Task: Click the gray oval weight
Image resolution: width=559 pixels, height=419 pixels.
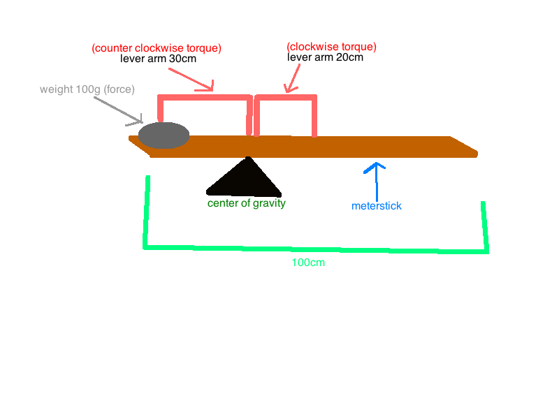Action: (164, 135)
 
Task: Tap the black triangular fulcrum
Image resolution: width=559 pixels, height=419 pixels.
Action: (245, 180)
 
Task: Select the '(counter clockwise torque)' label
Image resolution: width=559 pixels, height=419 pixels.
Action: (157, 48)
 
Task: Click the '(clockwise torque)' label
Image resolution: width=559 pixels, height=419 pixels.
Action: (332, 47)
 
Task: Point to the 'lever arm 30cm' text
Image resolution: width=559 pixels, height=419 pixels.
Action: (158, 59)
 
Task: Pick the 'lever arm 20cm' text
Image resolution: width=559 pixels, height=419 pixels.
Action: (325, 57)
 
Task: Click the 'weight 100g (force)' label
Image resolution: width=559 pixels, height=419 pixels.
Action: (87, 89)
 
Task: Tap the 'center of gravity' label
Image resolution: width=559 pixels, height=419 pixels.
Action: (247, 203)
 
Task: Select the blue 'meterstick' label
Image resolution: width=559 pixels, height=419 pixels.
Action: (377, 206)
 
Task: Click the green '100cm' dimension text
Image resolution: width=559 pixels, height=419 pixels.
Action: (308, 263)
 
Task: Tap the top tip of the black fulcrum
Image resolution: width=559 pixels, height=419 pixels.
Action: (248, 159)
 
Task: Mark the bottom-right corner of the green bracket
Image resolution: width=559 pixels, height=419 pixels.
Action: (486, 250)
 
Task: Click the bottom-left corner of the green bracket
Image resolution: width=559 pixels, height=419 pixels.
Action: (145, 246)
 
